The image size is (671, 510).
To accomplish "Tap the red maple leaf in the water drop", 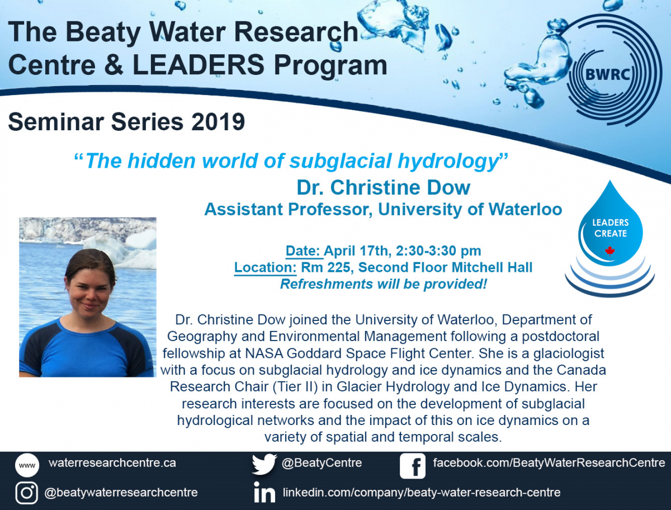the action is [610, 251].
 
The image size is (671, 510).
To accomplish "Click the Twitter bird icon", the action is [264, 464].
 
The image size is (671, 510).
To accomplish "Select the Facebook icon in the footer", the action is [412, 466].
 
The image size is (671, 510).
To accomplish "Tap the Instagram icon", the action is [27, 493].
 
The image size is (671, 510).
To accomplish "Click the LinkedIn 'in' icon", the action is [264, 492].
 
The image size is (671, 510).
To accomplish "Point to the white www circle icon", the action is [27, 465].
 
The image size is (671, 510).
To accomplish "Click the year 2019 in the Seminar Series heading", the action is [218, 121].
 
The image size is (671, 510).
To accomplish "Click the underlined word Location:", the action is [266, 267].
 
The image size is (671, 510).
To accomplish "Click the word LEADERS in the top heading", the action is [199, 64].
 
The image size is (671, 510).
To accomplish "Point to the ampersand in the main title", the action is [114, 65].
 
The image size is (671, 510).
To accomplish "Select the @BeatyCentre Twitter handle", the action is [322, 463].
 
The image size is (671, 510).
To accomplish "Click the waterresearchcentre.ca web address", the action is [112, 462].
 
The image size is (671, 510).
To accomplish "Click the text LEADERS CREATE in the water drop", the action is [611, 228].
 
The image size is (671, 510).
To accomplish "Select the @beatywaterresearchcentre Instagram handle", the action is [121, 492].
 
